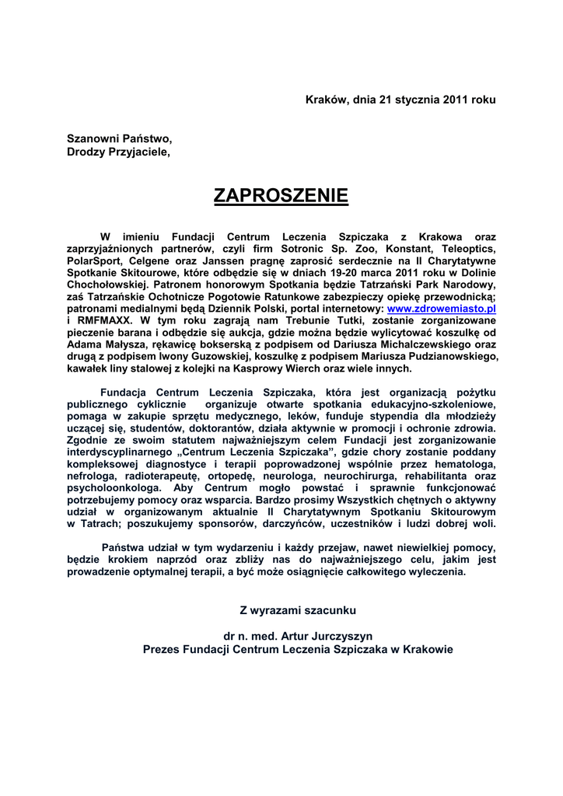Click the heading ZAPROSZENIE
tap(281, 195)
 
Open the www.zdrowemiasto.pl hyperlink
tap(442, 308)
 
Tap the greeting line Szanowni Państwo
tap(119, 138)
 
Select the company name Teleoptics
tap(466, 249)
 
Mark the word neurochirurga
tap(395, 477)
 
